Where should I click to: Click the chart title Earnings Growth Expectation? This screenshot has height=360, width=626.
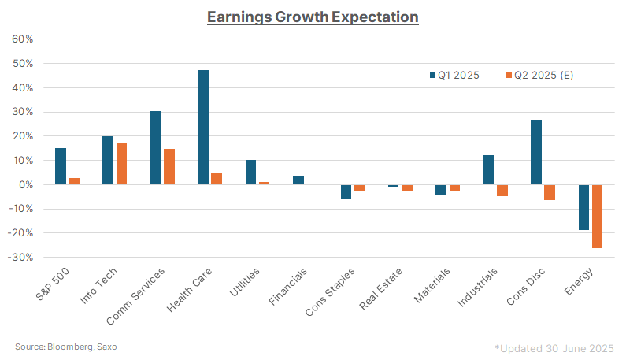tap(313, 17)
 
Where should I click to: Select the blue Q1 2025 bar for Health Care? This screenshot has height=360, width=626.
tap(203, 127)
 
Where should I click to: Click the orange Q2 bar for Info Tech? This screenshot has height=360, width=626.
tap(121, 163)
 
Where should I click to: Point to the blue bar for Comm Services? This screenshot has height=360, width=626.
tap(155, 147)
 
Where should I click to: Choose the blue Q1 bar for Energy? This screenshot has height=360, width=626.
tap(583, 207)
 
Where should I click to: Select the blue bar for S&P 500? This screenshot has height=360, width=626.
tap(61, 166)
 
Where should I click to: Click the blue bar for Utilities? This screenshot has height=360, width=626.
tap(250, 172)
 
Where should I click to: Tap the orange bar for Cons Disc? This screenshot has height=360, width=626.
tap(550, 192)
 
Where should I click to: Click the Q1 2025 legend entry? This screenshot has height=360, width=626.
tap(457, 75)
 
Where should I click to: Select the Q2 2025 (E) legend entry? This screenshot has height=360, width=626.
tap(543, 75)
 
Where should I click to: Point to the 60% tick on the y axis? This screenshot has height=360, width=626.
tap(22, 39)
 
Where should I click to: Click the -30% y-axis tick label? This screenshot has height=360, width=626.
tap(20, 257)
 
